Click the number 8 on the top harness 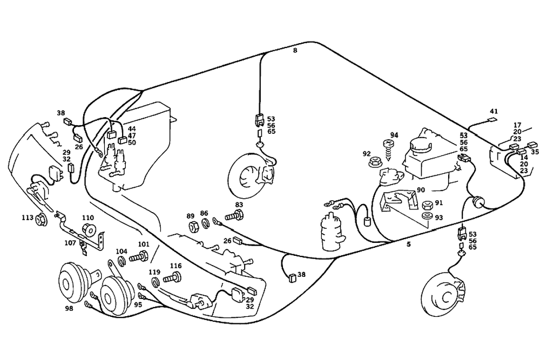[295, 50]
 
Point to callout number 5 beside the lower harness [409, 244]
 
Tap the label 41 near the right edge [492, 112]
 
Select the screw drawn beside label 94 [388, 146]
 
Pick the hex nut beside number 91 [427, 205]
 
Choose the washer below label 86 [206, 223]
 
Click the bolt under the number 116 [173, 279]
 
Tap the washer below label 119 [155, 282]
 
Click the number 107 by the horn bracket [70, 243]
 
